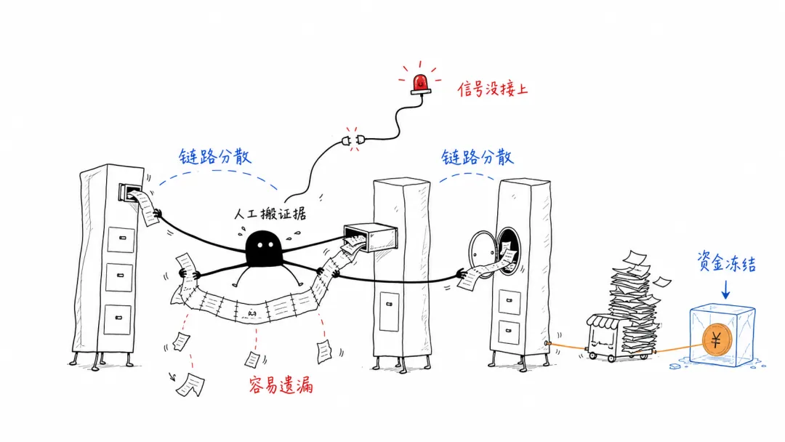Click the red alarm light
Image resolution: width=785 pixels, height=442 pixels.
[x=421, y=84]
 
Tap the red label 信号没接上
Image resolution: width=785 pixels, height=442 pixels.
[x=493, y=89]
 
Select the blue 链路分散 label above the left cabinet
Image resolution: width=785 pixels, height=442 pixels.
[x=214, y=157]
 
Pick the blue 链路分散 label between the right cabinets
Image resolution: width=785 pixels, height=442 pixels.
[x=477, y=157]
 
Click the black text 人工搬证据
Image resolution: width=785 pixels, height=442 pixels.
[x=270, y=214]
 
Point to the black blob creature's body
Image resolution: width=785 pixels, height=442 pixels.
[x=263, y=249]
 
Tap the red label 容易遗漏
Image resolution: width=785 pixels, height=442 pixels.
[x=281, y=385]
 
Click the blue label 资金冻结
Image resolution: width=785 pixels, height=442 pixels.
[x=726, y=262]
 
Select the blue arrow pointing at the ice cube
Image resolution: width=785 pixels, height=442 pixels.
[x=725, y=290]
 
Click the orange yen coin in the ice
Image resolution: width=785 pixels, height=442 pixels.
[x=717, y=340]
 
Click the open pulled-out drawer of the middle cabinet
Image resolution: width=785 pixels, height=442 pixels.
[x=371, y=237]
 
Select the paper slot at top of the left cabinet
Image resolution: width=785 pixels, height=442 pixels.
[x=129, y=192]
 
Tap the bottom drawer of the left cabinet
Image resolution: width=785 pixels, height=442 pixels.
[x=118, y=319]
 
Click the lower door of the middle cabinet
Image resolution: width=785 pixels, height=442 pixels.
[x=389, y=311]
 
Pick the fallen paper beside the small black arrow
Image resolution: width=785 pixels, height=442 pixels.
[x=190, y=385]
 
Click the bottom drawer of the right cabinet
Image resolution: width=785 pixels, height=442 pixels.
[x=509, y=332]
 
